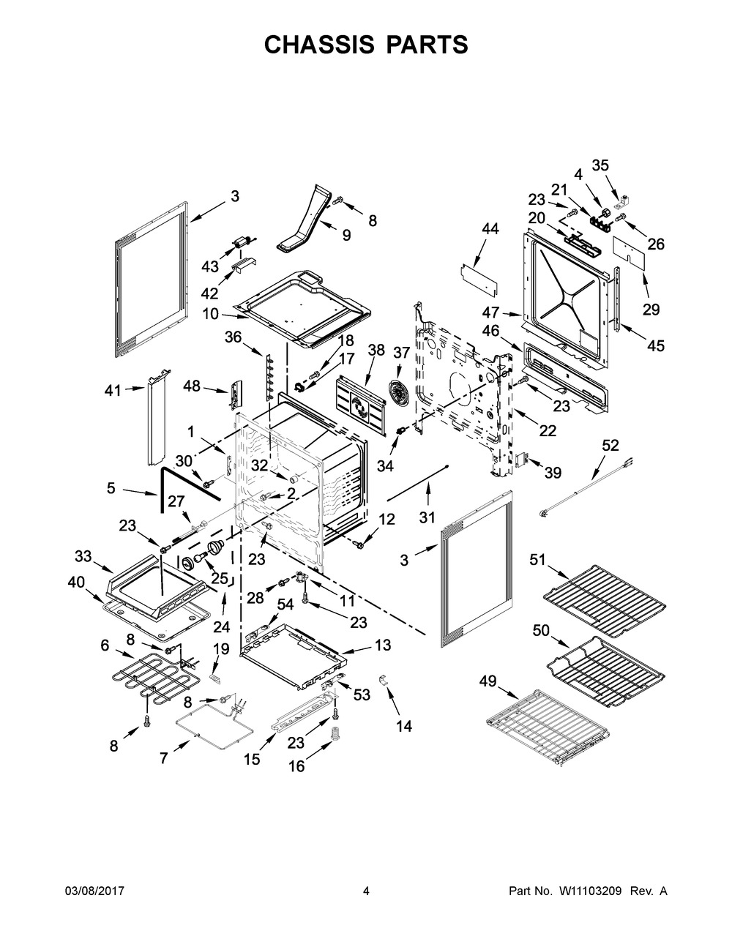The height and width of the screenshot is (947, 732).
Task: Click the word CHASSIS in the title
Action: pos(319,45)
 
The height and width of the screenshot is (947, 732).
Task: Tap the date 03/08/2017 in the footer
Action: pos(94,891)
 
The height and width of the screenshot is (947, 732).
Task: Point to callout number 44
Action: pos(491,228)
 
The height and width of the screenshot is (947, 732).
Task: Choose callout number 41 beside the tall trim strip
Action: pos(113,391)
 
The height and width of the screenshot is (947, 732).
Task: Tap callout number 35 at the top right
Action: pos(600,165)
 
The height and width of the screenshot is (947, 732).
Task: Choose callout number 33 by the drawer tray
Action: pos(83,555)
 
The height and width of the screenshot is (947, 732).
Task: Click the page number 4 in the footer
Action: pos(366,891)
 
